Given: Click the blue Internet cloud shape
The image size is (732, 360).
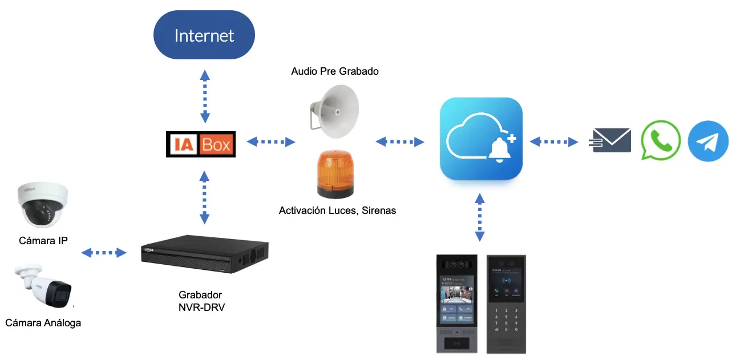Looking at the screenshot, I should pos(204,35).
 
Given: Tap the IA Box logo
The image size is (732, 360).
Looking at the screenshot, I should pos(200,144).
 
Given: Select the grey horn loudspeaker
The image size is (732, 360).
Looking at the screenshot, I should pos(334,111).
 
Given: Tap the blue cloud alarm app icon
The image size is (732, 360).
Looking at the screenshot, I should pos(481,139).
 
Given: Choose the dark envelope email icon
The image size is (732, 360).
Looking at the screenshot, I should pos(612,140).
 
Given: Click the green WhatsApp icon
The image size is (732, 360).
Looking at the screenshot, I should pos(661,140).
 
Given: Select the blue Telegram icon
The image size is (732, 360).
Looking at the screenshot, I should pos(708,141).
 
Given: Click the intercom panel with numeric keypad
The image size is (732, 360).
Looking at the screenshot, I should pos(506,304).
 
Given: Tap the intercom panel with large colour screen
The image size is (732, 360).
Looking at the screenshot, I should pos(456,304).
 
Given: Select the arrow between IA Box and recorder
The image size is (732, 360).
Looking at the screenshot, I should pos(204,196).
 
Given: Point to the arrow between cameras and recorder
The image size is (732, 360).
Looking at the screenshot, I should pos(104,253).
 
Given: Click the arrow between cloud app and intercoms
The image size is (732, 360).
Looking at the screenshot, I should pos(480,217).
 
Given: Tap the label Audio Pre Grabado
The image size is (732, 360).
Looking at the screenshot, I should pos(335,71).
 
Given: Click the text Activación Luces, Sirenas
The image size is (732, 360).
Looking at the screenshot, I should pos(337,211).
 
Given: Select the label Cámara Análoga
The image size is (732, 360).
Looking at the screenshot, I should pos(43,323).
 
